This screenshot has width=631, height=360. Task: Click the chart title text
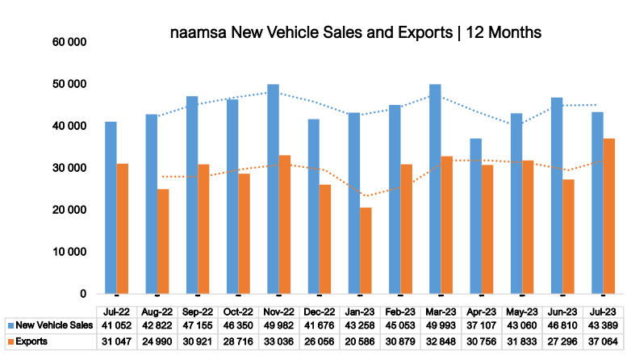[x=356, y=33]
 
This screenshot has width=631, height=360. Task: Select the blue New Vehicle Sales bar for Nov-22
[x=273, y=189]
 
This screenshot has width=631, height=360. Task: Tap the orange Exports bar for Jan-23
[x=366, y=250]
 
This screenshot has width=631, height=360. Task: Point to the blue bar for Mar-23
[x=435, y=189]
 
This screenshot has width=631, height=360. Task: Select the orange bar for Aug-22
[x=164, y=241]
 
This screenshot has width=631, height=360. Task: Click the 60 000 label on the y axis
[x=70, y=42]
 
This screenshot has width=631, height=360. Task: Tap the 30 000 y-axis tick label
[x=70, y=168]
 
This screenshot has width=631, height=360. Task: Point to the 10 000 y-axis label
[x=70, y=252]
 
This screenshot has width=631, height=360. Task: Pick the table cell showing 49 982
[x=279, y=326]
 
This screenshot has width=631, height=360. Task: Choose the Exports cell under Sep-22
[x=198, y=341]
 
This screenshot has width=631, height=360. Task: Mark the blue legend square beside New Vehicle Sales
[x=10, y=326]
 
